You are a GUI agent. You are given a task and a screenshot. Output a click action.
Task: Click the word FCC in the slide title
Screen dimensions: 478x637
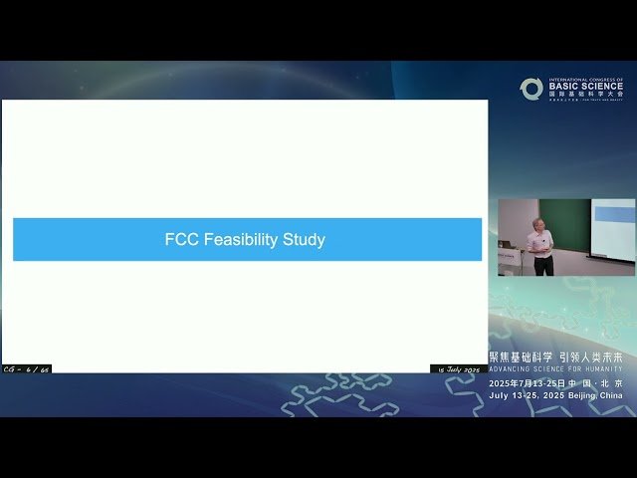(x=179, y=240)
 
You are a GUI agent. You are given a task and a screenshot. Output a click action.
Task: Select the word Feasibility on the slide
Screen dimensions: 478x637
(x=238, y=240)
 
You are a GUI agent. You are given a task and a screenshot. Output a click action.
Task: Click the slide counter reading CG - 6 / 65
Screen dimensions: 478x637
(x=27, y=368)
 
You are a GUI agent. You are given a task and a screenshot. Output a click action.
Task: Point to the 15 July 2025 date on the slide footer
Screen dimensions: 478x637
(x=459, y=368)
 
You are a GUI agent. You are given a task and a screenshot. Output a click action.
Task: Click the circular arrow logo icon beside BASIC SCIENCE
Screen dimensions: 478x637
(x=531, y=89)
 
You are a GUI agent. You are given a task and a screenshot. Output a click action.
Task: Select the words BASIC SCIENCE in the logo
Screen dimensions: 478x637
(x=586, y=88)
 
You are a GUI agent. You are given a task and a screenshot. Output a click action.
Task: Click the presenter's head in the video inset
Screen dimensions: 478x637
(x=538, y=224)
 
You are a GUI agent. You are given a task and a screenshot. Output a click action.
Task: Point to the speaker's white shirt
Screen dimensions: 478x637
(x=540, y=243)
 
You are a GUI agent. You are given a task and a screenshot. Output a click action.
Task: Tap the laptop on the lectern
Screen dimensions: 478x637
(x=508, y=244)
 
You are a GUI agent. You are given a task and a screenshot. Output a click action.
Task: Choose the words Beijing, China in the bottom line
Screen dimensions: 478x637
(x=596, y=395)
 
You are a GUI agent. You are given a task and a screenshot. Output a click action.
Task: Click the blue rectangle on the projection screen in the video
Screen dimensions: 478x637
(x=613, y=211)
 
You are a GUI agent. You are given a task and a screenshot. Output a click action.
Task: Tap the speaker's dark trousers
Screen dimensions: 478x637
(x=541, y=266)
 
